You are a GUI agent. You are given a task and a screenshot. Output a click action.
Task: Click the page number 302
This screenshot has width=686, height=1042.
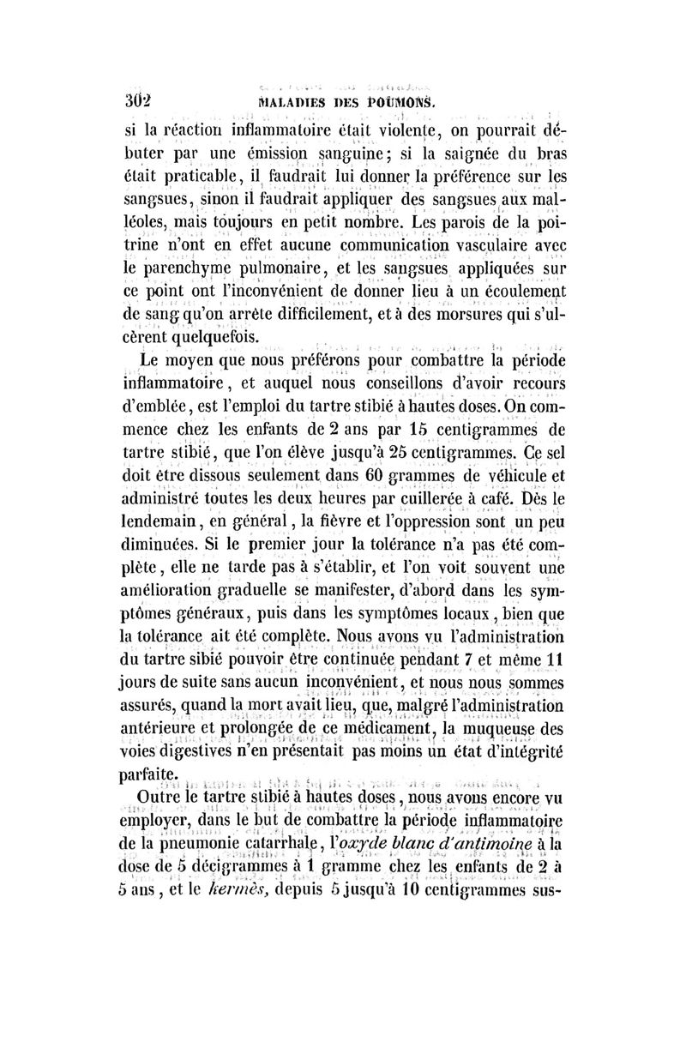[x=138, y=106]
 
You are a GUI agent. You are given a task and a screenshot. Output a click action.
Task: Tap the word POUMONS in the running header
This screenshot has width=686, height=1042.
[x=391, y=106]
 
